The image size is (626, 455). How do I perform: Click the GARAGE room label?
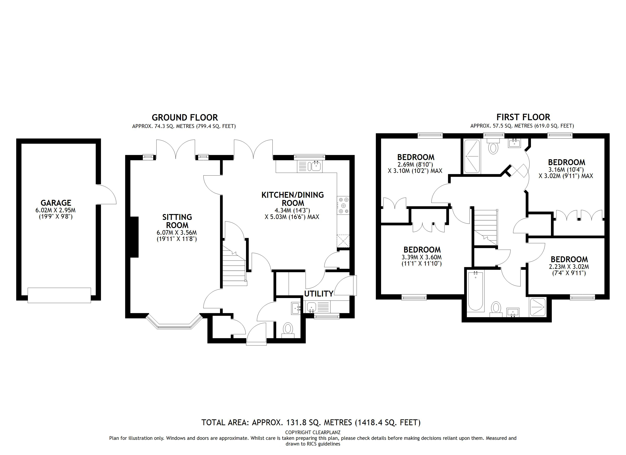[x=56, y=203]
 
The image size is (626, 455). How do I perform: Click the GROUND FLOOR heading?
[x=185, y=118]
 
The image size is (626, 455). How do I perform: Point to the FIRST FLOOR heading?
[x=523, y=117]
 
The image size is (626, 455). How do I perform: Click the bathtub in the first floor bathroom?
[x=475, y=291]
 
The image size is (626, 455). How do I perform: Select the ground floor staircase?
[x=234, y=266]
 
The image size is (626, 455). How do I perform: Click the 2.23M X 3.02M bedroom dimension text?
[x=569, y=267]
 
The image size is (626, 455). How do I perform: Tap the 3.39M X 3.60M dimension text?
[x=422, y=257]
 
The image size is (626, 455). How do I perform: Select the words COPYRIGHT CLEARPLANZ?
[x=313, y=432]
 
